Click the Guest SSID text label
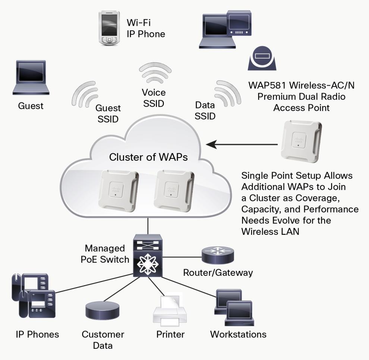[x=108, y=114]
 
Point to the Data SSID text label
[x=205, y=111]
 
